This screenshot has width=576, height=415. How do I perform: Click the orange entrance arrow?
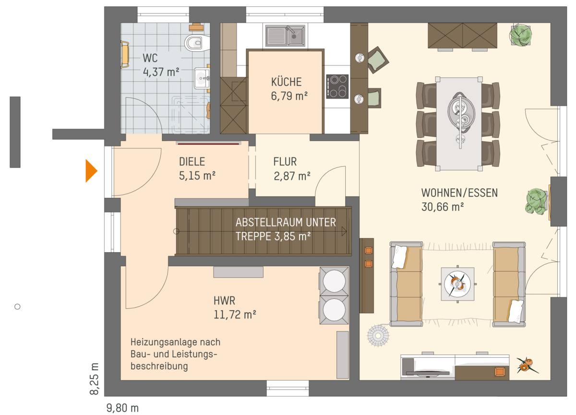pos(91,171)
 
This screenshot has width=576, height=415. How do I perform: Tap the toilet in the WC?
pos(197,43)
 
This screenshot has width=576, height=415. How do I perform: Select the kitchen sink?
pos(285,36)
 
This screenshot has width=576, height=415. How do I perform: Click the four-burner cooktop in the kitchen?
pos(337,86)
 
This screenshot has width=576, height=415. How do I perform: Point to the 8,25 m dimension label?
pos(95,378)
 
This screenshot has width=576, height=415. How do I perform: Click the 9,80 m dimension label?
pos(122,408)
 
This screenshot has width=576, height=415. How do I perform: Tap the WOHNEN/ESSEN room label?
pos(459,193)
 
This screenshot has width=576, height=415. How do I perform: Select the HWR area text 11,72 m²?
pos(235,315)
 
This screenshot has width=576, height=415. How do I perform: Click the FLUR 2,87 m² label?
pos(292,169)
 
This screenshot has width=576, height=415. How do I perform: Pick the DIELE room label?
pos(192,161)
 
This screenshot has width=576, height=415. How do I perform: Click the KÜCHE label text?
pos(286,82)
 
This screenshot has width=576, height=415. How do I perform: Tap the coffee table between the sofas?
pos(457,284)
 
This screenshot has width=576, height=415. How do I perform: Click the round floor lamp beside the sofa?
pos(378,336)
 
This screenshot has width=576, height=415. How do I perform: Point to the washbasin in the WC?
pos(202,78)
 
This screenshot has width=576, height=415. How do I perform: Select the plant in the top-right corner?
pos(521,35)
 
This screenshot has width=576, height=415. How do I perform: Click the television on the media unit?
pos(427,373)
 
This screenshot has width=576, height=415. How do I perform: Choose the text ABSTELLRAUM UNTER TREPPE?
pos(286,229)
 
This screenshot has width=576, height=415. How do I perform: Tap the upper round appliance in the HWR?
pos(334,281)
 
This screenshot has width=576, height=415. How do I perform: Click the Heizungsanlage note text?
pos(175,354)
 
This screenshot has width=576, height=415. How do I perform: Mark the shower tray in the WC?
pos(191,115)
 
